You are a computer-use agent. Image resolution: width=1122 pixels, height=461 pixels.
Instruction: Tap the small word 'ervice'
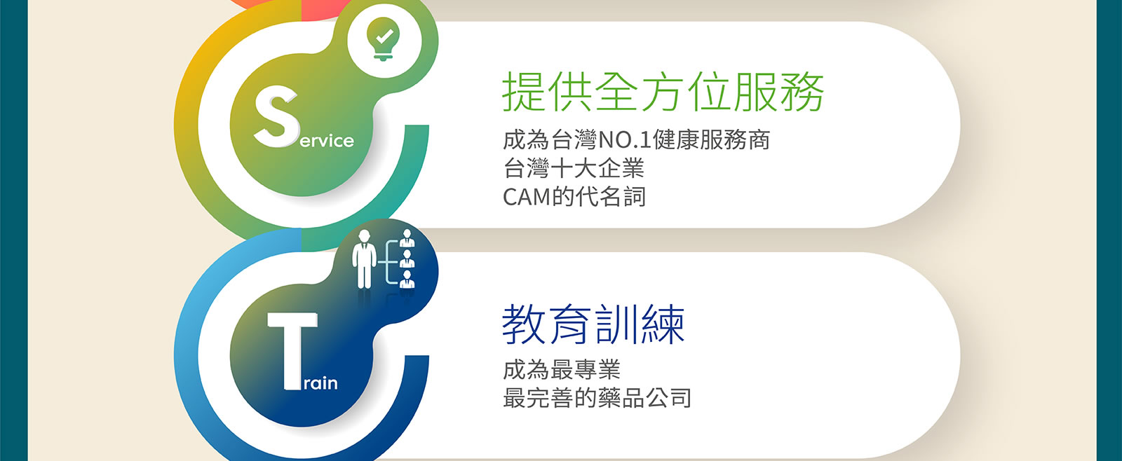(327, 141)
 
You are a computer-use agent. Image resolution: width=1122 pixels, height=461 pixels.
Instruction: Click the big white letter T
(292, 351)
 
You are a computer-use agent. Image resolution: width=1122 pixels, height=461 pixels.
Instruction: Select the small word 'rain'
(320, 383)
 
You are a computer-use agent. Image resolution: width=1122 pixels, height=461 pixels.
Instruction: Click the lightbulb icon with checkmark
(384, 39)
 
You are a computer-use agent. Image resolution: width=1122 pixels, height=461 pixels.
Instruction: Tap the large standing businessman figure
(364, 259)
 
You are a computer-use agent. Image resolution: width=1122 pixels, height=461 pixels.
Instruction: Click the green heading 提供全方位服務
(663, 92)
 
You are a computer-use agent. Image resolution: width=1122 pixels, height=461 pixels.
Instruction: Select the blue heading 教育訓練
(593, 324)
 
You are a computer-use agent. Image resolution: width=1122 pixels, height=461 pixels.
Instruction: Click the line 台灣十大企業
(574, 168)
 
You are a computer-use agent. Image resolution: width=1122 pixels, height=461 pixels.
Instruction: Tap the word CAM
(527, 197)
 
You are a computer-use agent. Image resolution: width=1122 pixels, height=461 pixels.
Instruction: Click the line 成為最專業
(562, 369)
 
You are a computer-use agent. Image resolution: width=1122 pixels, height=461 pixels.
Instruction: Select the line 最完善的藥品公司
(597, 398)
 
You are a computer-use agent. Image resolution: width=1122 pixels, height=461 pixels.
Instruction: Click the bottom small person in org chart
(407, 280)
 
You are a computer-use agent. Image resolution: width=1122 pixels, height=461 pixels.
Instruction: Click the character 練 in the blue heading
(663, 324)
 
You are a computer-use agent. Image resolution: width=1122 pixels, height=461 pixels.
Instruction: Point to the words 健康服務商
(711, 139)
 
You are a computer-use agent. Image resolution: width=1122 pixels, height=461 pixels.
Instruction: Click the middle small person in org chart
(407, 259)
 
